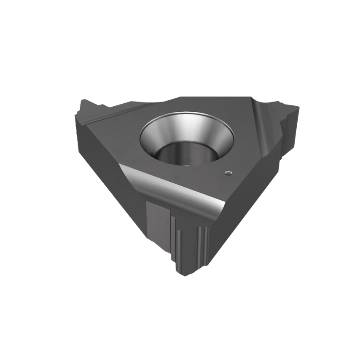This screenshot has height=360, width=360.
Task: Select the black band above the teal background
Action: (x=180, y=34)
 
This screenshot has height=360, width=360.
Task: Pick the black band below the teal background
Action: (x=180, y=325)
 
